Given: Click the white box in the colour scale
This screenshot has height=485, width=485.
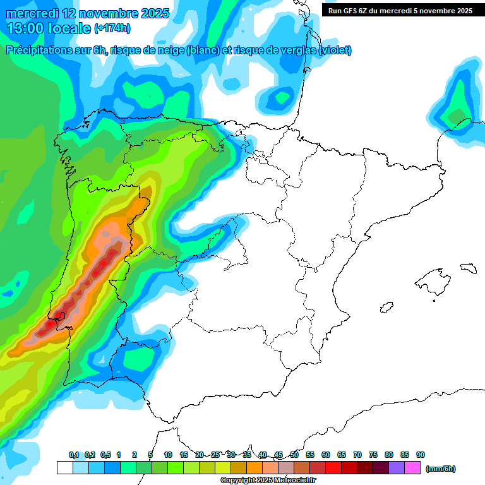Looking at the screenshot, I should [64, 468].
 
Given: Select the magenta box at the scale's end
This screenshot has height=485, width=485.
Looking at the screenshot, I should [412, 468].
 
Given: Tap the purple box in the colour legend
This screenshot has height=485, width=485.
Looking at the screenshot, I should [397, 468].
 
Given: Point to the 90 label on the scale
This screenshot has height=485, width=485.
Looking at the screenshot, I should [421, 455].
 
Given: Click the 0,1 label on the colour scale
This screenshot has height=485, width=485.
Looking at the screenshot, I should [74, 455].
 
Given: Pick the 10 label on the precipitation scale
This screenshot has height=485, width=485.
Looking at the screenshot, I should [168, 455].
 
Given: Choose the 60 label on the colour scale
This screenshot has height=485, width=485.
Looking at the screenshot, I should [326, 455].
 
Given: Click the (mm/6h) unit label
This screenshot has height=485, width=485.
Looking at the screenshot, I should [440, 469].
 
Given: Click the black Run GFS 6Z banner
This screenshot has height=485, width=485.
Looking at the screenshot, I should [400, 11].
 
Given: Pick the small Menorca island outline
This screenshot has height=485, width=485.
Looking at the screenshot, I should [467, 268].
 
